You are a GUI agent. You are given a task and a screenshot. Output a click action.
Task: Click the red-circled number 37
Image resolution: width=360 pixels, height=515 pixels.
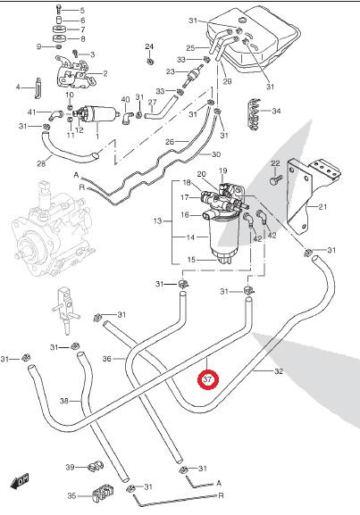click(x=207, y=379)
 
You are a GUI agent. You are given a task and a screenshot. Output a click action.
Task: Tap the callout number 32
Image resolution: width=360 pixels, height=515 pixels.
click(x=278, y=371)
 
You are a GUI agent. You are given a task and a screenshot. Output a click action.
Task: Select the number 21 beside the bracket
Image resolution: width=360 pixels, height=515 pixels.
click(x=322, y=206)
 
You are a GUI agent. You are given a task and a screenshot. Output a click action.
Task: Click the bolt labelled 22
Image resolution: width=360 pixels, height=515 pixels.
click(x=275, y=179)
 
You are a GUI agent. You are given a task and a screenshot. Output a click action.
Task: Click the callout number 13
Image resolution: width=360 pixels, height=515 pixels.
click(x=157, y=220)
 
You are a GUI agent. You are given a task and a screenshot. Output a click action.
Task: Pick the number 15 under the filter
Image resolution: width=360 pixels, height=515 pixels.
click(x=190, y=260)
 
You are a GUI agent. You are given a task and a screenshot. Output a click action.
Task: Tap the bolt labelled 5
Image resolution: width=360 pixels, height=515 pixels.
click(x=59, y=11)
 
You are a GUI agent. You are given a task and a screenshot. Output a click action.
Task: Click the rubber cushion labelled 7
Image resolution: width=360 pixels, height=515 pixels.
click(x=59, y=29)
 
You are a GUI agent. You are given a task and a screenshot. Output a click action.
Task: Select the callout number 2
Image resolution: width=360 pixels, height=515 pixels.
click(x=105, y=73)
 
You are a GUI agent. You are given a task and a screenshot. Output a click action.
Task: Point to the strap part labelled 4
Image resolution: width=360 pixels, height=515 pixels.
click(x=38, y=87)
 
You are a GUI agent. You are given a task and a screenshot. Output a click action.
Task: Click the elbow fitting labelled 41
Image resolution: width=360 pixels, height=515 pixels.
click(x=55, y=115)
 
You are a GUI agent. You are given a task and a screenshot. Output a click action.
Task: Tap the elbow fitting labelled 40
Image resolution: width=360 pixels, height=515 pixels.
click(x=127, y=118)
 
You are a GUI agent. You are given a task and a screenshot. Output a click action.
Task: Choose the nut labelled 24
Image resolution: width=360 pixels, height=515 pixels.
click(x=150, y=61)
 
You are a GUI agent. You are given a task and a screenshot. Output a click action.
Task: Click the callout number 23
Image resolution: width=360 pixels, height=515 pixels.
click(x=170, y=71)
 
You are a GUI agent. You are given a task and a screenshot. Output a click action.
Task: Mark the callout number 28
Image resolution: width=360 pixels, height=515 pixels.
click(x=41, y=163)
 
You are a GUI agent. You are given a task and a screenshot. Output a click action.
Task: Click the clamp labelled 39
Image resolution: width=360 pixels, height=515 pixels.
click(x=96, y=466)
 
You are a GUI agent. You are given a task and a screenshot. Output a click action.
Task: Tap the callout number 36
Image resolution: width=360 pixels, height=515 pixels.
click(x=107, y=359)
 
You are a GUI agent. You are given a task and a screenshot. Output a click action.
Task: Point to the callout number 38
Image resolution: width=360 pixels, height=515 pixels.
click(x=64, y=401)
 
